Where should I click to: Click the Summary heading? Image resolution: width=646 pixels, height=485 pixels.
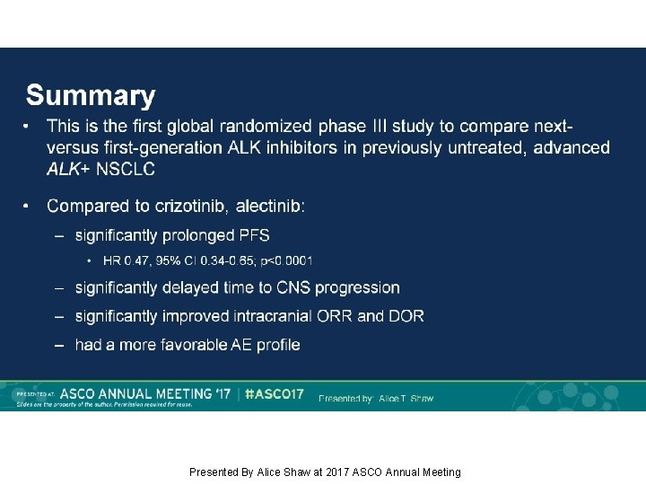point(90,96)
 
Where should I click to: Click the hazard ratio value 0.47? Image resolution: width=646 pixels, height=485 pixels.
point(138,260)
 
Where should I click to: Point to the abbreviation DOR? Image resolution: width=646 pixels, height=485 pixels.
point(406,316)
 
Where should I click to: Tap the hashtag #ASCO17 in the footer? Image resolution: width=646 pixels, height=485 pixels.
point(275,394)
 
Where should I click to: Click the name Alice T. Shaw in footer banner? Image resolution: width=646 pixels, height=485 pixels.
point(406,398)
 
